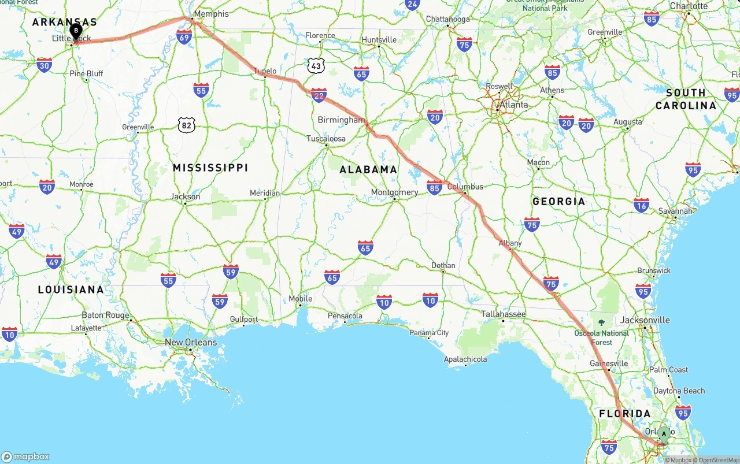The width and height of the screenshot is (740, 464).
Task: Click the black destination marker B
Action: (x=76, y=31)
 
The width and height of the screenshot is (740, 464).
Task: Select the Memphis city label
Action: (x=211, y=13)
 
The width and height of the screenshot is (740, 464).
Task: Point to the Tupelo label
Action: (x=265, y=71)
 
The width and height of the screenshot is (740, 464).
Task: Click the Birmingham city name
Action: (x=342, y=120)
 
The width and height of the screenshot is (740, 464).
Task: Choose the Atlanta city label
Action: (x=513, y=105)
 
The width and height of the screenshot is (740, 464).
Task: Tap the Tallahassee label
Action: (x=504, y=314)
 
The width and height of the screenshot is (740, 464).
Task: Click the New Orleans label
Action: (x=191, y=342)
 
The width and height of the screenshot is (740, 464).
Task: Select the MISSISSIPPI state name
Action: (x=210, y=168)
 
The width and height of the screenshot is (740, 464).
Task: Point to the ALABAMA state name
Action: (x=368, y=169)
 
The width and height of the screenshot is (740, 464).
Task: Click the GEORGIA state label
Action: (x=558, y=201)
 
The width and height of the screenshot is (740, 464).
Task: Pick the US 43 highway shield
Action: (x=316, y=66)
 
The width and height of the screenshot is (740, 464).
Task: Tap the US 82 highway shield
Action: (x=186, y=125)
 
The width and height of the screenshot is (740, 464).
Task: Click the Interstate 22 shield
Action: (x=319, y=95)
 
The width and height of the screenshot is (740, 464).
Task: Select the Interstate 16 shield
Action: (x=641, y=205)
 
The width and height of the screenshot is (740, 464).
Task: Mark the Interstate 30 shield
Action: (x=44, y=65)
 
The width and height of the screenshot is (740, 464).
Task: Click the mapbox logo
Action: (x=26, y=456)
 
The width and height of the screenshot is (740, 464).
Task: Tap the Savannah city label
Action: (x=675, y=211)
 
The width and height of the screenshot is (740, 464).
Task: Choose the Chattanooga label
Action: (x=448, y=19)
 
